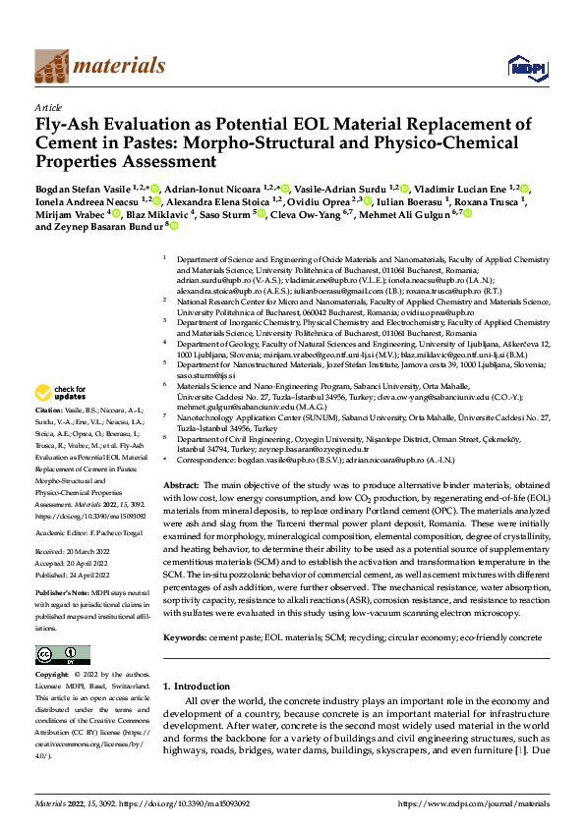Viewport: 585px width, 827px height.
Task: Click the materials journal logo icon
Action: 53,66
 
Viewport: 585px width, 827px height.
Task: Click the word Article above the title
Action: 48,107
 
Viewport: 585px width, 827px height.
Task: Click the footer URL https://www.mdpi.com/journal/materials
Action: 474,803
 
